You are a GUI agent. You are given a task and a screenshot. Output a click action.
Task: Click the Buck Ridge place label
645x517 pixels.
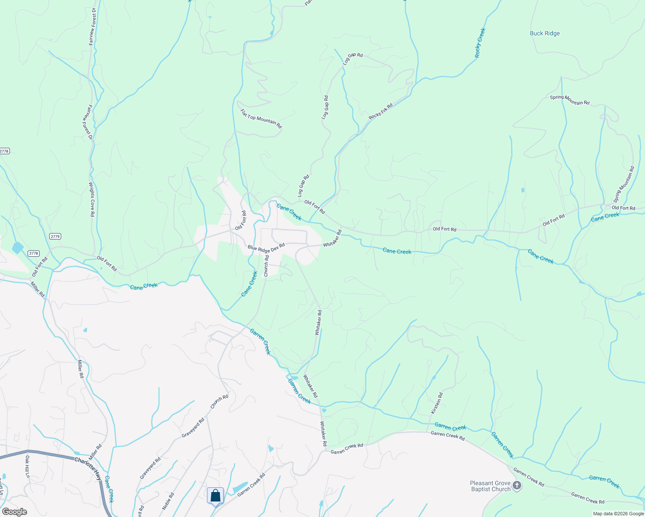545,33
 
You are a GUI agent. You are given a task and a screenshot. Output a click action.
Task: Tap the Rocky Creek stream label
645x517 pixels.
480,43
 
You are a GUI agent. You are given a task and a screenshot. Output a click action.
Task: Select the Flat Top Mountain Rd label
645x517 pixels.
261,118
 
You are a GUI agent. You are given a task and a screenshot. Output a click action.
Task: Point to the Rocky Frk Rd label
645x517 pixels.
381,112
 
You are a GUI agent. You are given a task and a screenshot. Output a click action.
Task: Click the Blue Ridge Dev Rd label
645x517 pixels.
266,249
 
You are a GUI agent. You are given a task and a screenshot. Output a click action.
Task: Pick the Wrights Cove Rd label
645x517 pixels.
91,199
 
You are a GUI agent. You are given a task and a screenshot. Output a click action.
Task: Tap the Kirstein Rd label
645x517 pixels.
437,403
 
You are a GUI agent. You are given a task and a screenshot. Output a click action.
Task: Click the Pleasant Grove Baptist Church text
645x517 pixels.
490,486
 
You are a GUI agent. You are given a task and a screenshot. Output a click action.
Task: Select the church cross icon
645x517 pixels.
517,486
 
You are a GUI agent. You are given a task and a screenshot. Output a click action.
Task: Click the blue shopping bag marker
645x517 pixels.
215,495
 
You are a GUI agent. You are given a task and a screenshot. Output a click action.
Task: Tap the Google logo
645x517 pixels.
14,512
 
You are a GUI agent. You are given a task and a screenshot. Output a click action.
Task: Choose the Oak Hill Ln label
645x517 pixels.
27,467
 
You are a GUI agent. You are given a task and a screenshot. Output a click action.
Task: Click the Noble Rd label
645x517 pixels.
168,501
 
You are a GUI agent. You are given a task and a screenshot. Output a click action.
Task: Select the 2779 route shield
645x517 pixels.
55,236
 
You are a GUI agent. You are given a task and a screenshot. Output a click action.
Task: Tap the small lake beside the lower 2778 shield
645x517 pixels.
18,248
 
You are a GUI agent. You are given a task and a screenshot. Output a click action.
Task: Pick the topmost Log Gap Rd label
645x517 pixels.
353,59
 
